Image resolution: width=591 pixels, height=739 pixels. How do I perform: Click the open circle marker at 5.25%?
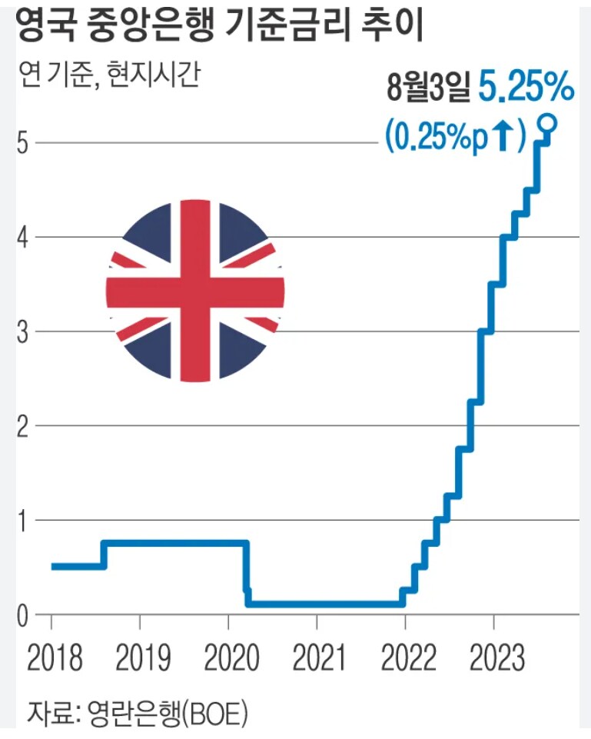click(547, 122)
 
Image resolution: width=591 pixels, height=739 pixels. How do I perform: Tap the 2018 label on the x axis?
click(52, 658)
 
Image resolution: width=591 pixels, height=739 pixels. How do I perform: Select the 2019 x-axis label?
click(140, 658)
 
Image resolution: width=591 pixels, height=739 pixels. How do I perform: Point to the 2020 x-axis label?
click(228, 658)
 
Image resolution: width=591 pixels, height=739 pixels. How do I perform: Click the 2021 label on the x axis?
click(317, 658)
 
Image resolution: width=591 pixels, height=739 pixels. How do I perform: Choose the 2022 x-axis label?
click(405, 658)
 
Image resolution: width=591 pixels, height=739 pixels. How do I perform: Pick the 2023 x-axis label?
click(493, 658)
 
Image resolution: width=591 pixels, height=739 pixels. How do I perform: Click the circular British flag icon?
click(195, 291)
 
